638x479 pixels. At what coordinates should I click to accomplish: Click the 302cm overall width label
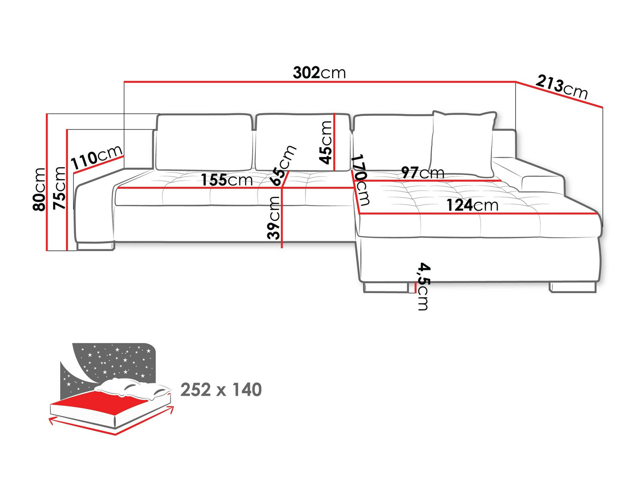click(319, 73)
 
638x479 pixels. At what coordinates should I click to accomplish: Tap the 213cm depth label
click(561, 87)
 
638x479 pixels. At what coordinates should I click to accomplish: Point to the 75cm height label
click(59, 188)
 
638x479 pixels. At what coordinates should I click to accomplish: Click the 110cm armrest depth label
click(96, 157)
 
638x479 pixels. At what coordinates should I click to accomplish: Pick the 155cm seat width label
click(226, 180)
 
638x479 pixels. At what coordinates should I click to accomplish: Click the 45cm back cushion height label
click(326, 142)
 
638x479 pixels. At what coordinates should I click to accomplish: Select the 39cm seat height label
click(274, 218)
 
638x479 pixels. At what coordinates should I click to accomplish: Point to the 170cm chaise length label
click(361, 180)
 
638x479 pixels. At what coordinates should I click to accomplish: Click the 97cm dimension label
click(422, 173)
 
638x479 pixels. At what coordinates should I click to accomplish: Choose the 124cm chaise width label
click(472, 205)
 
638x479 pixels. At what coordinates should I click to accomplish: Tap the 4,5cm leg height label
click(424, 286)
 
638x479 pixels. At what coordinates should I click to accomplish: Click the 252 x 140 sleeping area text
click(221, 390)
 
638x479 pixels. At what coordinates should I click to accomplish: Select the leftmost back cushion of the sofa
click(204, 142)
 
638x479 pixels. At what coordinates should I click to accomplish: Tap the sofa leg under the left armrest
click(95, 246)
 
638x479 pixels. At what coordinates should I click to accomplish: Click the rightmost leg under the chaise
click(573, 287)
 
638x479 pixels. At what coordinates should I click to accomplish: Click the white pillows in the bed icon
click(134, 388)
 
